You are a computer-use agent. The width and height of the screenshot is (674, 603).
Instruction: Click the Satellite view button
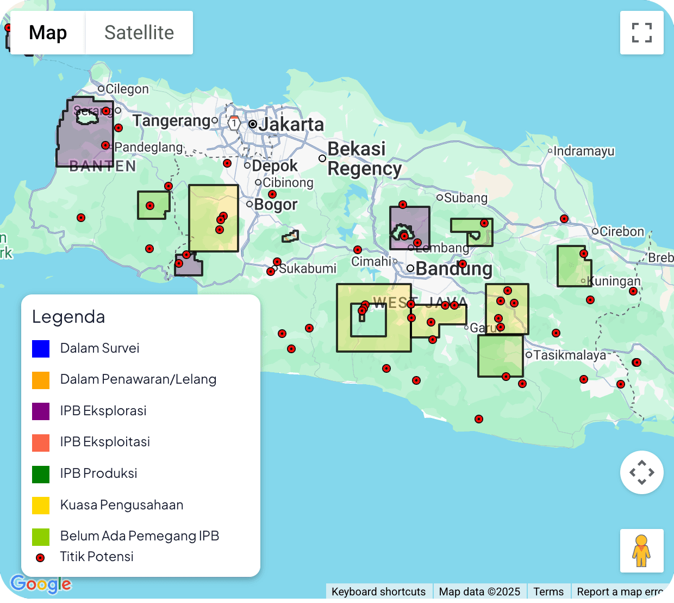tap(139, 33)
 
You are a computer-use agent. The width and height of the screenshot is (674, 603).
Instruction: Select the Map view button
tap(48, 33)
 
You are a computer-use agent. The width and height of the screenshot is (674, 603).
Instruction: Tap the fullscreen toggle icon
tap(641, 33)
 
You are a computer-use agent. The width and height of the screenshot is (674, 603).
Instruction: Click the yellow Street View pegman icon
tap(641, 550)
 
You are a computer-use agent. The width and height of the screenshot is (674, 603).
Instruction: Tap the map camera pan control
tap(641, 472)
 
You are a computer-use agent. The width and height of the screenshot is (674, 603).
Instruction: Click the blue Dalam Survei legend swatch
tap(41, 348)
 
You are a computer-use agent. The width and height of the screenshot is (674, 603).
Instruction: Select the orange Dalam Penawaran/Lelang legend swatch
tap(41, 380)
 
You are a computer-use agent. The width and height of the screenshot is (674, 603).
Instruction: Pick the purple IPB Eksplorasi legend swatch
tap(41, 411)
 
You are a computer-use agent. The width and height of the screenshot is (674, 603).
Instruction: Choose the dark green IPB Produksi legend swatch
tap(41, 474)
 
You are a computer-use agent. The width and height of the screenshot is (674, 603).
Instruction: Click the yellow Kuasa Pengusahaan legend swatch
tap(41, 505)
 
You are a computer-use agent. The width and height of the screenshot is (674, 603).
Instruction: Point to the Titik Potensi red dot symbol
tap(40, 558)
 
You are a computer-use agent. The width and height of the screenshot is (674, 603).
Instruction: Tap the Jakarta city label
tap(291, 125)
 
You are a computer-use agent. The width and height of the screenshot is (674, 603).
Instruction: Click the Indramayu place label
tap(584, 151)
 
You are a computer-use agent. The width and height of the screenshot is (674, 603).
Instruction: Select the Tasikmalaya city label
tap(569, 355)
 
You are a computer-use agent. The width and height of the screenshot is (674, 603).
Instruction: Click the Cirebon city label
tap(621, 231)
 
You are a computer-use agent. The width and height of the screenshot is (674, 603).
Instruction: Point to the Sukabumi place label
tap(307, 268)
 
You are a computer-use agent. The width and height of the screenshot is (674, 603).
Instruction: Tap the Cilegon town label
tap(127, 89)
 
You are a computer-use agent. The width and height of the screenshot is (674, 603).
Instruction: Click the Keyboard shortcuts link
tap(378, 592)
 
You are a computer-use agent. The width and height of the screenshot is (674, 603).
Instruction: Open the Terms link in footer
tap(548, 592)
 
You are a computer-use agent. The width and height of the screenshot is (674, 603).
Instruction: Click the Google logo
tap(41, 584)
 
